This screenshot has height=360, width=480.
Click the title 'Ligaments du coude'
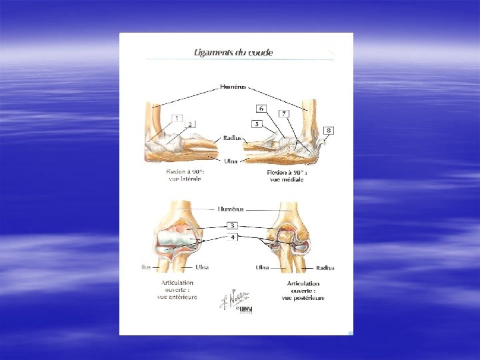point(233,52)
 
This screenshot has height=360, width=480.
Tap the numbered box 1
point(177,118)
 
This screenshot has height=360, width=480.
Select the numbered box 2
point(191,124)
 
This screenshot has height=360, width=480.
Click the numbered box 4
point(233,237)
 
